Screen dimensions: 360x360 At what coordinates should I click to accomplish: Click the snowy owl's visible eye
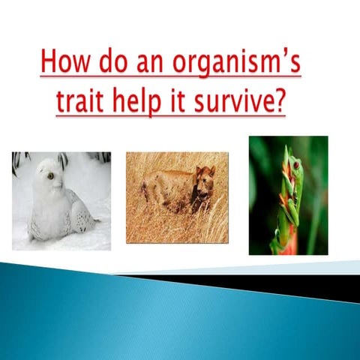click(x=50, y=176)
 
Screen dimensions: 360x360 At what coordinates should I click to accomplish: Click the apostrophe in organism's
click(x=286, y=54)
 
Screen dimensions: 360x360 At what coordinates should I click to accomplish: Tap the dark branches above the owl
click(x=97, y=158)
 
